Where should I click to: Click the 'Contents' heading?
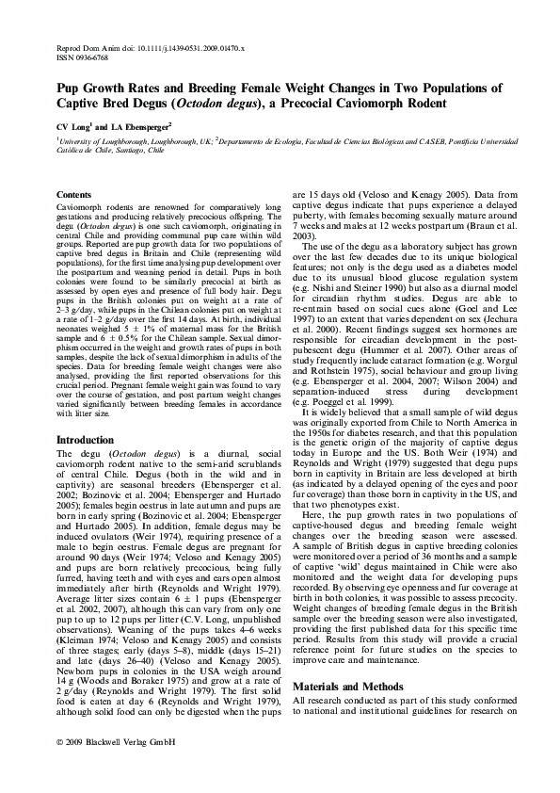[75, 194]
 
